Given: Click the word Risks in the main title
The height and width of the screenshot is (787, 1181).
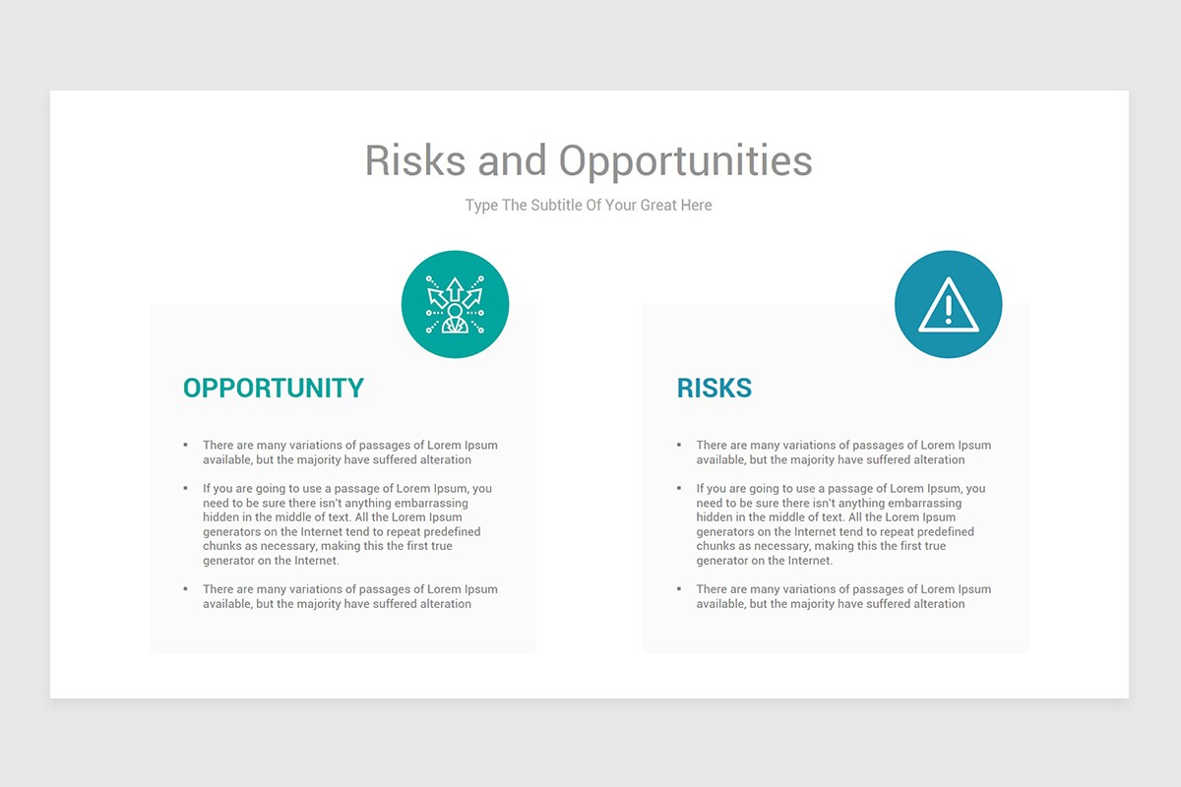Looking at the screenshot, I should point(414,160).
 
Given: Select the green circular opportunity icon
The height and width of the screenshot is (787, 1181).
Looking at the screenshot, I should point(455,305).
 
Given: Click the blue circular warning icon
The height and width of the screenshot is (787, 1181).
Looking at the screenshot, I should point(948,305).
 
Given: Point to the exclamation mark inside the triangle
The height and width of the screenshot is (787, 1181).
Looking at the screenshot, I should point(948,306).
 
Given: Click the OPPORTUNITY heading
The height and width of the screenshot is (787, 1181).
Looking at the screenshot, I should point(274,388).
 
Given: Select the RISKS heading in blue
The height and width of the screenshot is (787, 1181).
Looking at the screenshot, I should point(715,388).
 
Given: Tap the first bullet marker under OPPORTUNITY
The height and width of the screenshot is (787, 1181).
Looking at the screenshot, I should point(185,446).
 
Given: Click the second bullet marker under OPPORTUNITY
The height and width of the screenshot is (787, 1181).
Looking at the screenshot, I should point(185,488).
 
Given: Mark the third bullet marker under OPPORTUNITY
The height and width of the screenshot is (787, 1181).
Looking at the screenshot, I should point(185,589).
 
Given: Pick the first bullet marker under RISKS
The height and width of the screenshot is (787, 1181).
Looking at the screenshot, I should point(678,446).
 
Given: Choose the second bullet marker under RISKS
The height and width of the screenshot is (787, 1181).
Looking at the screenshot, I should point(678,488).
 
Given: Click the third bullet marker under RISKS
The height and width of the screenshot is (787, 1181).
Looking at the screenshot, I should point(678,589).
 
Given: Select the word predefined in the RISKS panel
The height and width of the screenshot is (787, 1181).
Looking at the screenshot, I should point(939,532).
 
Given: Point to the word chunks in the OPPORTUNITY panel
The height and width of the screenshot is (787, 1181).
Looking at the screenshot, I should point(224,546).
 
